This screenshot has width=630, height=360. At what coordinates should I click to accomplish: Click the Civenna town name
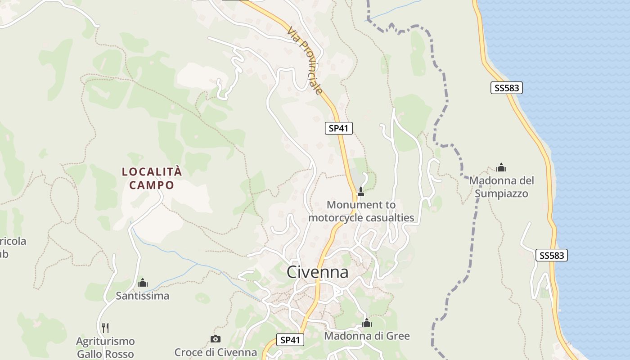(317, 272)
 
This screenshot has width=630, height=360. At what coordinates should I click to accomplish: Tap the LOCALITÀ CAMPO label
(152, 178)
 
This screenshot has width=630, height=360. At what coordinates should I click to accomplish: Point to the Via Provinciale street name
(306, 61)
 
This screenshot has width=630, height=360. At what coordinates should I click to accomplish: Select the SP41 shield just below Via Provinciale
(338, 128)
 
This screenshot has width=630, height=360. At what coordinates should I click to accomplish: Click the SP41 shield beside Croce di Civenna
(290, 340)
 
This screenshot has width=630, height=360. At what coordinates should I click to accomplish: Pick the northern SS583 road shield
(506, 88)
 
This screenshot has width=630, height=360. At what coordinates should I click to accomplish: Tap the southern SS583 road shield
(551, 256)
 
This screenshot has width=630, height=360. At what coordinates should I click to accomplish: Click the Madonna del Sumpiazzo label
(501, 187)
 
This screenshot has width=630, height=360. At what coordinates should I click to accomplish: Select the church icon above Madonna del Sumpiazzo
(501, 168)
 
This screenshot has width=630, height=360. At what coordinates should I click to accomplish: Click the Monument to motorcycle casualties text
(361, 211)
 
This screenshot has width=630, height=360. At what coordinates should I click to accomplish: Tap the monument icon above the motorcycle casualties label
(360, 192)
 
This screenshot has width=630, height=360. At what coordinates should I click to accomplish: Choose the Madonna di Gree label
(367, 336)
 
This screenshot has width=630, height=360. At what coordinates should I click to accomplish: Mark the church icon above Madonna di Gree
(367, 323)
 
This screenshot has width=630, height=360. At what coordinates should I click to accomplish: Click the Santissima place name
(143, 296)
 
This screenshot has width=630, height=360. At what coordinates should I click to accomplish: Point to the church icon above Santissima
(143, 283)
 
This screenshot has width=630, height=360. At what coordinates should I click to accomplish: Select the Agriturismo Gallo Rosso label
(105, 347)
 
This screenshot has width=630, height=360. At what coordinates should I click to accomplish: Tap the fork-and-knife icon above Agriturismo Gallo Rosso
(105, 328)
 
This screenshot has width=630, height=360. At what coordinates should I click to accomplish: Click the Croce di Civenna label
(216, 352)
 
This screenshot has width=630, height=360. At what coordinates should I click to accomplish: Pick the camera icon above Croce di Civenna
(216, 339)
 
